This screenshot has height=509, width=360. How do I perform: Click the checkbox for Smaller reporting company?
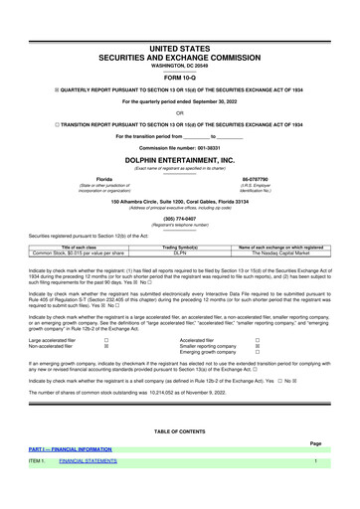tap(257, 346)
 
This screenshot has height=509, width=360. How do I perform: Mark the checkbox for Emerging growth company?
tap(257, 353)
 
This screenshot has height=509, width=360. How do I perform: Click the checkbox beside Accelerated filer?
tap(257, 339)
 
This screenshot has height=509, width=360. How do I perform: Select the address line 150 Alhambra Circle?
tap(180, 200)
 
